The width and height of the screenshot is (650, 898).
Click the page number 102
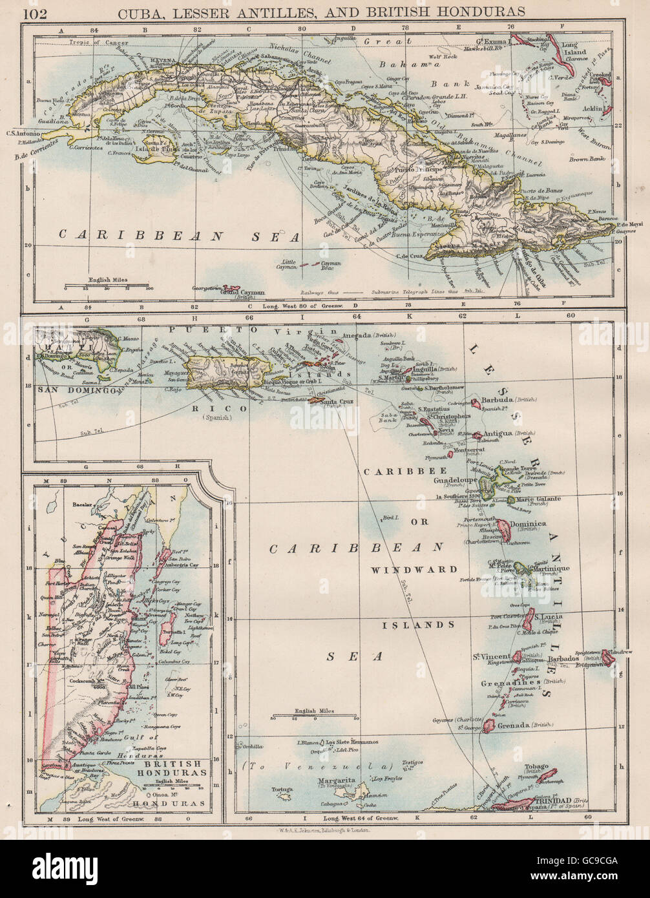point(34,10)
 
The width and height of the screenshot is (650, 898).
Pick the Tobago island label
point(534,766)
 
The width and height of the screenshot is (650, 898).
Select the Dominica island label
point(528,524)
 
